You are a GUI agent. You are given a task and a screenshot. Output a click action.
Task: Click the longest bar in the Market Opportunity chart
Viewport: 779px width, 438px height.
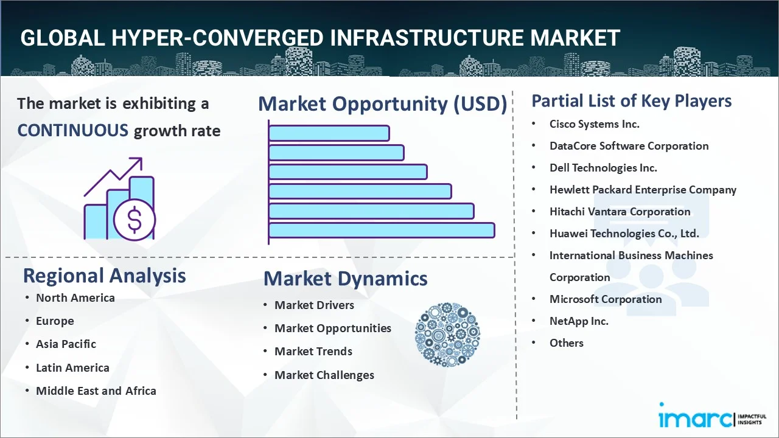[x=382, y=231]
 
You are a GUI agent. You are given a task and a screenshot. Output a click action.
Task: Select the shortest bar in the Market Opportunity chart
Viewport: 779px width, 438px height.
[x=329, y=133]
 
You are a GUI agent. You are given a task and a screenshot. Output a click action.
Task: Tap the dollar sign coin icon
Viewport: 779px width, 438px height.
[x=134, y=220]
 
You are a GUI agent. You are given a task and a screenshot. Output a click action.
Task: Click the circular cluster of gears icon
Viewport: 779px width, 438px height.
[x=447, y=335]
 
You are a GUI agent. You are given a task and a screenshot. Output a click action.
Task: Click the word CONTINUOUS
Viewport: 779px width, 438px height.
[x=73, y=131]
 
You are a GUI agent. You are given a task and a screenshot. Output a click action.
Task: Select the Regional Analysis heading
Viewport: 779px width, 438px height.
[x=104, y=276]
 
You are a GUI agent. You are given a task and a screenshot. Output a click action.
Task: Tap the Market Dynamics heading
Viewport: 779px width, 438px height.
[x=345, y=279]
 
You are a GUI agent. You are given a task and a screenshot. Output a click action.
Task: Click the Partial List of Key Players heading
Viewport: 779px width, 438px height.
[x=632, y=101]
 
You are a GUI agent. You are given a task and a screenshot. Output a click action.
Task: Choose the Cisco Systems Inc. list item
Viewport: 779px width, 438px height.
[x=595, y=124]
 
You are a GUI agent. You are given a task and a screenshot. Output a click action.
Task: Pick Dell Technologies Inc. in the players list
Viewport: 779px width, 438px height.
[x=603, y=168]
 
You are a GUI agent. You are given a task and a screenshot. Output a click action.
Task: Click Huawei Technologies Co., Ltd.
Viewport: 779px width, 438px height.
[x=624, y=233]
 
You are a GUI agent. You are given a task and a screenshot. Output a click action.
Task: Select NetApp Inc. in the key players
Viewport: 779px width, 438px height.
[x=579, y=321]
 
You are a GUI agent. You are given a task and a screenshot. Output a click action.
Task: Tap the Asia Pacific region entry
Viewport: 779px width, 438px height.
[x=66, y=344]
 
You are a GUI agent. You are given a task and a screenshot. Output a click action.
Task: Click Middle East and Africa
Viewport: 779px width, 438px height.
[x=96, y=391]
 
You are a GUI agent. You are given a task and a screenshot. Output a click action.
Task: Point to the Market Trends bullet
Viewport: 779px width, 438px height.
[x=313, y=352]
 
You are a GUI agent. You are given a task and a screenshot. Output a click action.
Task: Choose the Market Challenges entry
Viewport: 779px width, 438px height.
[x=324, y=375]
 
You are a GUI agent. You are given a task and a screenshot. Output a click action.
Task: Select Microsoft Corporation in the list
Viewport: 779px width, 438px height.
[x=606, y=299]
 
